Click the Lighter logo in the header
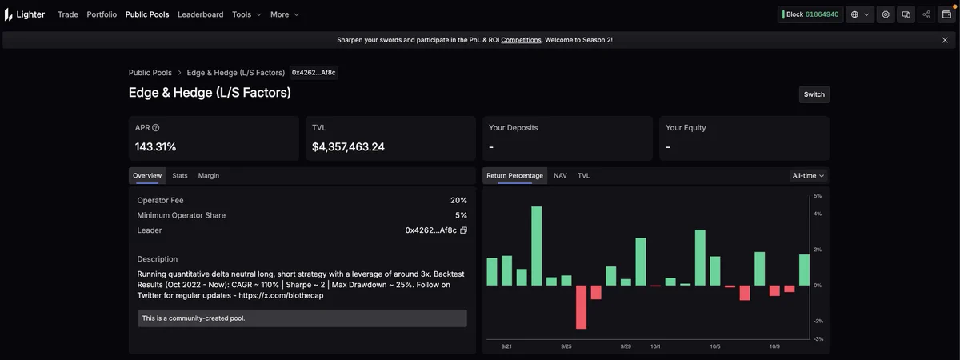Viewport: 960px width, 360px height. coord(25,14)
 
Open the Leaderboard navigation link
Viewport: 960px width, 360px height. coord(201,14)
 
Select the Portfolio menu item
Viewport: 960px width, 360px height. coord(102,14)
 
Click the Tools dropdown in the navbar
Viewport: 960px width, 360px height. coord(246,14)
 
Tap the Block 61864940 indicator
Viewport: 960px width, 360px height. coord(810,14)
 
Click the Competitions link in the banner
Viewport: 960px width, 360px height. coord(521,40)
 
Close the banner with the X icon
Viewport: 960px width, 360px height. coord(945,40)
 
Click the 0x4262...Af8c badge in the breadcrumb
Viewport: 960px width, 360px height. coord(314,73)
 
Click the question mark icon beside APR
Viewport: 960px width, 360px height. coord(156,128)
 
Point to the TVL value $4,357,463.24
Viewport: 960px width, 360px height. coord(348,147)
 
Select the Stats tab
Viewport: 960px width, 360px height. coord(179,176)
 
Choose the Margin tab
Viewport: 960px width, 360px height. coord(208,176)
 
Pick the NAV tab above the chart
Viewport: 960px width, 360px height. coord(560,176)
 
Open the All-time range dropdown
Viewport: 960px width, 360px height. coord(808,176)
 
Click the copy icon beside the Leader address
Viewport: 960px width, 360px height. coord(463,230)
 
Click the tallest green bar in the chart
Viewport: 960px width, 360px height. coord(536,246)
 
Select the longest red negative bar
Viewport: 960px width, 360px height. coord(581,307)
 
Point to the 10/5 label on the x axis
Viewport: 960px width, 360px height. coord(715,346)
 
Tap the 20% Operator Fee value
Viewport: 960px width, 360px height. coord(458,200)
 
